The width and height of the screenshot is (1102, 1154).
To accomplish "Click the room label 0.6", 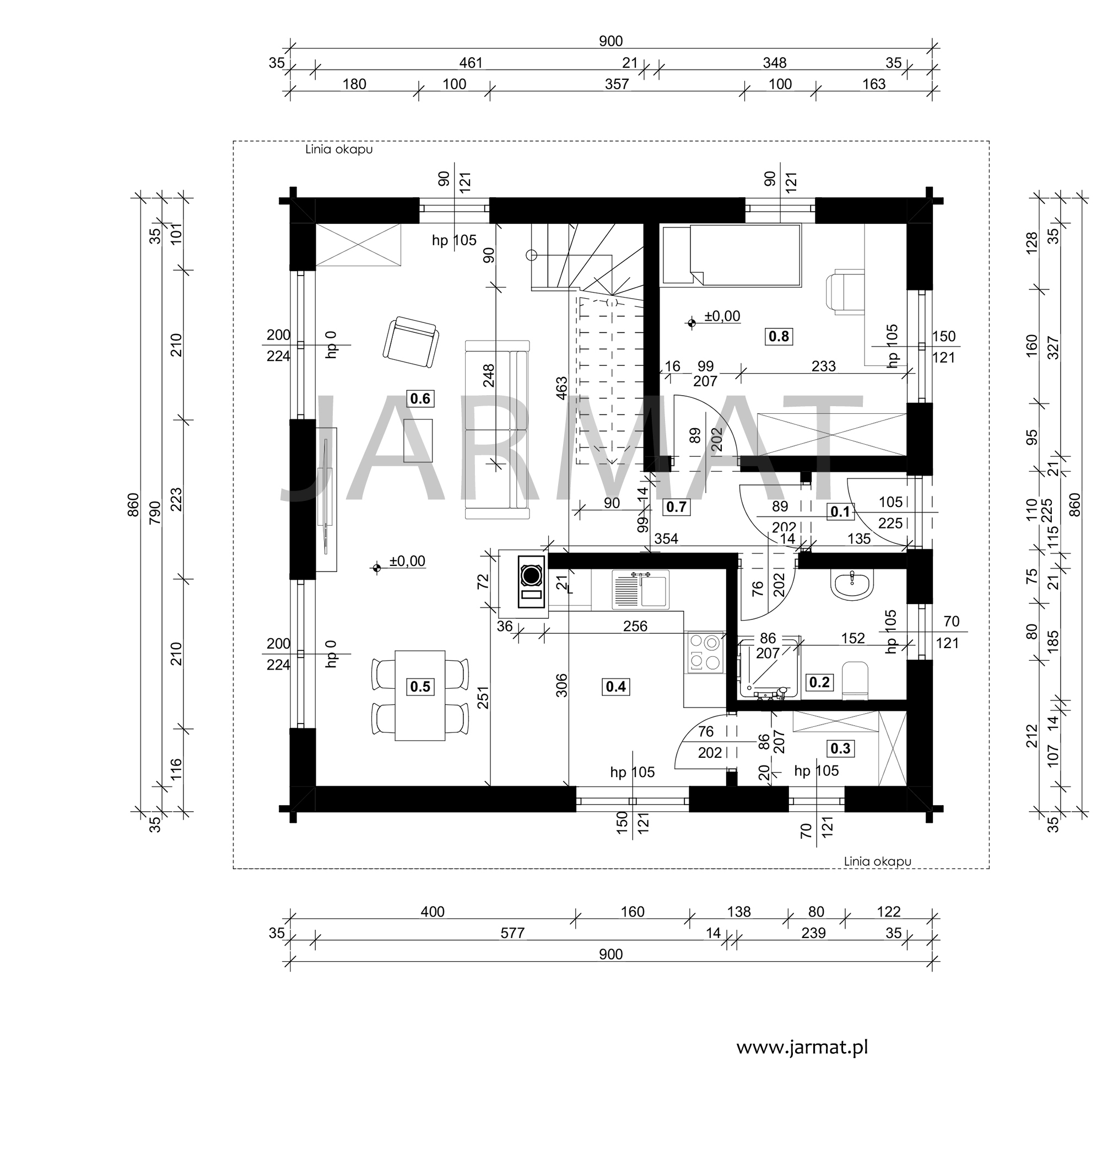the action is pyautogui.click(x=420, y=399).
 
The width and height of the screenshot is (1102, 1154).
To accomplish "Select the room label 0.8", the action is pyautogui.click(x=779, y=336).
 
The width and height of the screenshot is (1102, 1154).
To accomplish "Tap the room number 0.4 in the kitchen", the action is pyautogui.click(x=615, y=686).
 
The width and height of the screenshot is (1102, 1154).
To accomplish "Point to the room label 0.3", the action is pyautogui.click(x=840, y=748).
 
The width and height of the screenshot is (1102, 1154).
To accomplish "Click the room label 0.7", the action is pyautogui.click(x=676, y=507).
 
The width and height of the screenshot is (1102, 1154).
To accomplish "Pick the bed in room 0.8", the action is pyautogui.click(x=732, y=256).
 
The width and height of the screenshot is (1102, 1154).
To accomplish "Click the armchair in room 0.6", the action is pyautogui.click(x=410, y=343).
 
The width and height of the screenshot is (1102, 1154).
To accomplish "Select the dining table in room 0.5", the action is pyautogui.click(x=420, y=695).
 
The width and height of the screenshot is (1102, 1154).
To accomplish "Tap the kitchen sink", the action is pyautogui.click(x=640, y=589).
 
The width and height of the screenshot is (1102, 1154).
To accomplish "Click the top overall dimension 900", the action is pyautogui.click(x=611, y=41).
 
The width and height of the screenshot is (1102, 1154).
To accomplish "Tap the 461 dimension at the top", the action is pyautogui.click(x=471, y=63).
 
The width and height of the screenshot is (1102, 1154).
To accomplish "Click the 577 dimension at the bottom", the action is pyautogui.click(x=512, y=933).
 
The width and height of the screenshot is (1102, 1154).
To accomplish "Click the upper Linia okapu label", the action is pyautogui.click(x=339, y=149).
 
